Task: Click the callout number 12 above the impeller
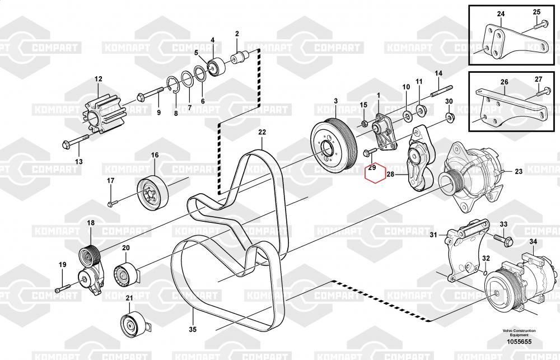(98, 79)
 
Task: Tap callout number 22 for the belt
(262, 133)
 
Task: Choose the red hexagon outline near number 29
(374, 173)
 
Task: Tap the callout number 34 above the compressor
(533, 242)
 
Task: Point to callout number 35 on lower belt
(193, 330)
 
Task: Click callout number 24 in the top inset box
(501, 13)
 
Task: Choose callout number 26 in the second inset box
(504, 82)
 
